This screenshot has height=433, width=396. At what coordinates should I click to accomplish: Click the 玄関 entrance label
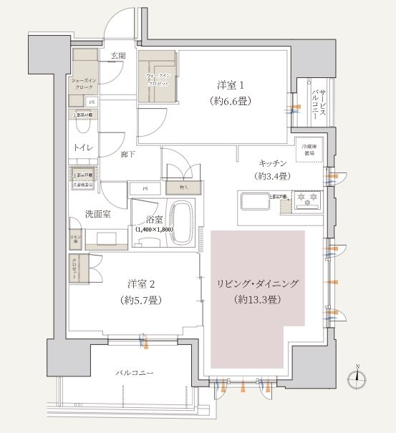pos(118,55)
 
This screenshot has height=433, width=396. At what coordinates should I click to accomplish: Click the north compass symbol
pos(359,379)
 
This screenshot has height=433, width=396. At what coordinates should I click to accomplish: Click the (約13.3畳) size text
pos(258,300)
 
